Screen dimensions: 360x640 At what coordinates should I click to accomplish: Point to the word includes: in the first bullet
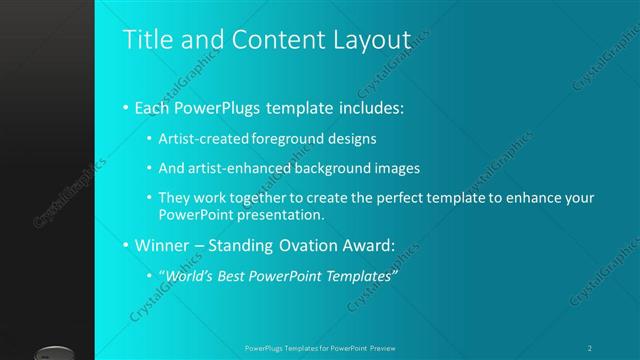369,107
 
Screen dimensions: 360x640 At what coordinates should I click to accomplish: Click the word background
332,168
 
